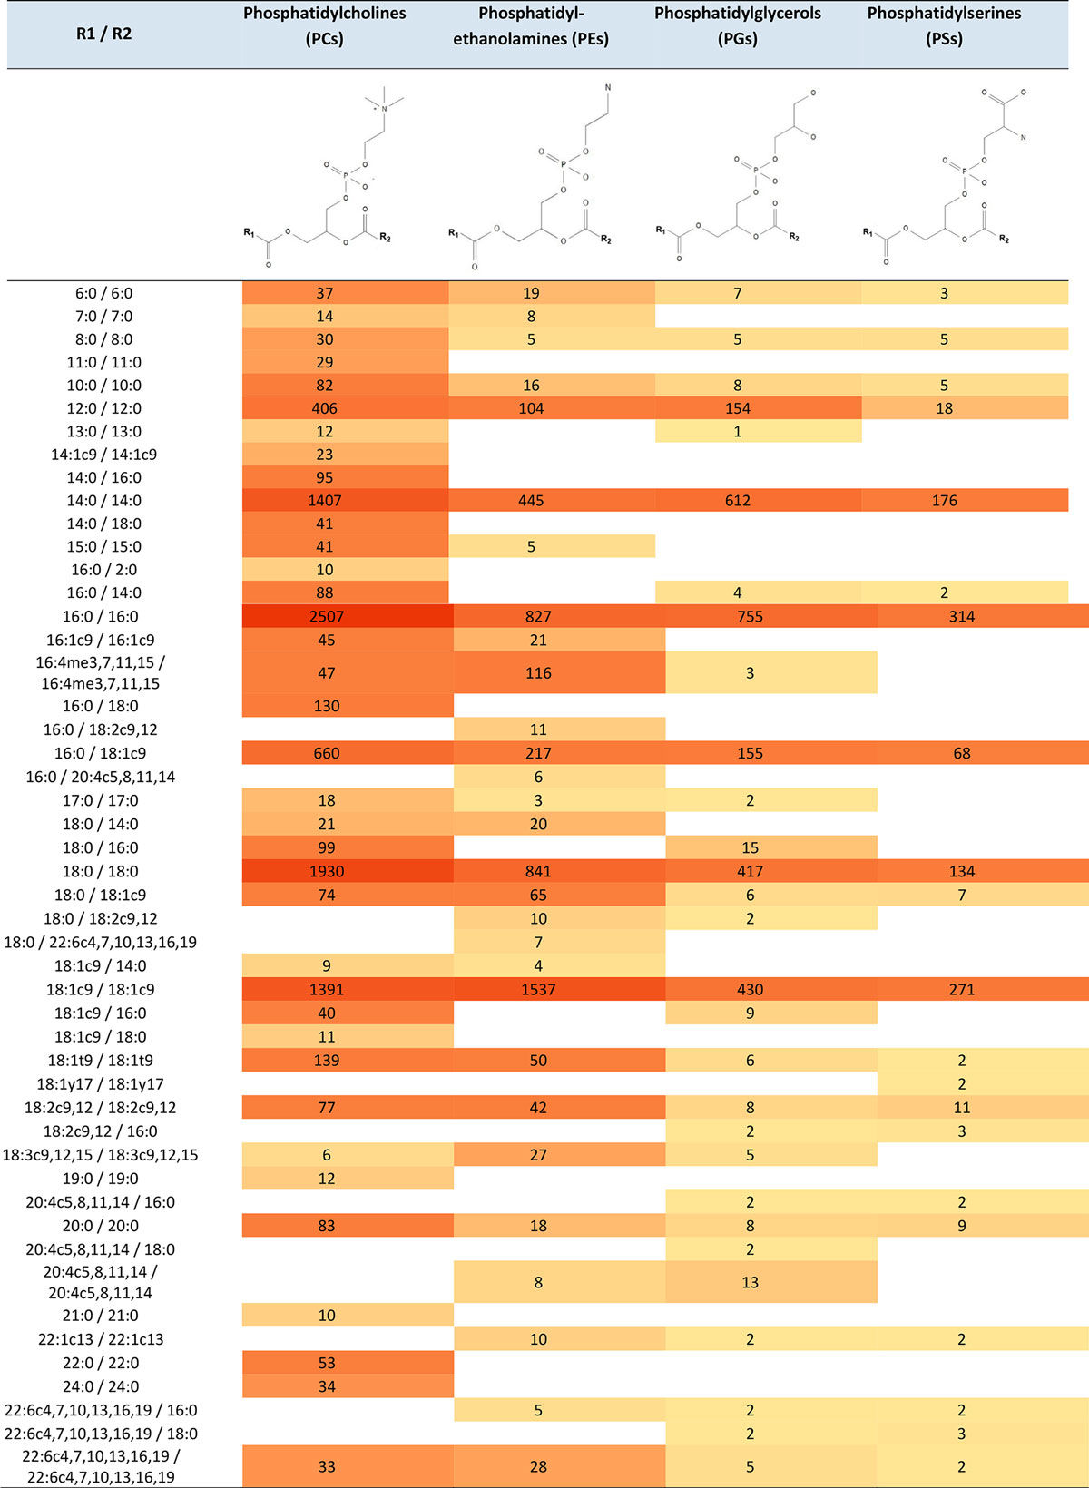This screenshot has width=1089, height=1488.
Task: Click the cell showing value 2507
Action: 326,617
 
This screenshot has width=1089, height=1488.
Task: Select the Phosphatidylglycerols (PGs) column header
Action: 737,26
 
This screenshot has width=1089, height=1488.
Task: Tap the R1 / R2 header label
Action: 103,34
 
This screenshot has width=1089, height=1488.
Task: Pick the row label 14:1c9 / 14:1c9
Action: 103,455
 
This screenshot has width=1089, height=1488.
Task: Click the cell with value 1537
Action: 538,990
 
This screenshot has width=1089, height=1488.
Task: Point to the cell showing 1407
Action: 325,501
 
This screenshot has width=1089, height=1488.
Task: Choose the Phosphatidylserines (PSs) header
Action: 944,26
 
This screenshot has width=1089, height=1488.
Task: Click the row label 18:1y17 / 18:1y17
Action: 100,1084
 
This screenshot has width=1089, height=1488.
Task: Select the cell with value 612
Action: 737,501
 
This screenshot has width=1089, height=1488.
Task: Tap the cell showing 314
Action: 962,617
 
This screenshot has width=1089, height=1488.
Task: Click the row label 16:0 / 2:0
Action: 103,570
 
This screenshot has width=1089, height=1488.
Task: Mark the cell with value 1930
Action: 326,872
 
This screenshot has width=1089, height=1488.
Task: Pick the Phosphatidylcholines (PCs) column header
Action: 324,26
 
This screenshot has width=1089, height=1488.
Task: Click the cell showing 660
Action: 326,754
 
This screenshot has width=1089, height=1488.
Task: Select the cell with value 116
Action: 538,673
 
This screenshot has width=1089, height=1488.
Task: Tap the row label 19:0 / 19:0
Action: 100,1179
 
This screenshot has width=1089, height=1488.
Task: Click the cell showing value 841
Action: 538,872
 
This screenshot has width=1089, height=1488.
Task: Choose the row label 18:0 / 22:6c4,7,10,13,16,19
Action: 100,943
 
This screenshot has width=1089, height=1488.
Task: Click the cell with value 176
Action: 944,501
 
